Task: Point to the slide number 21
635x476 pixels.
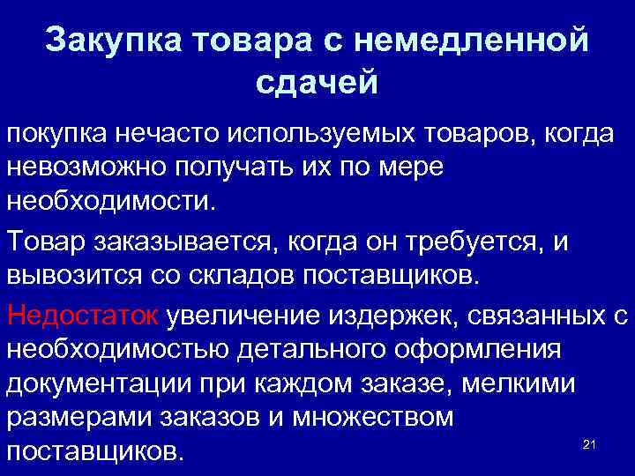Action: (x=590, y=445)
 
